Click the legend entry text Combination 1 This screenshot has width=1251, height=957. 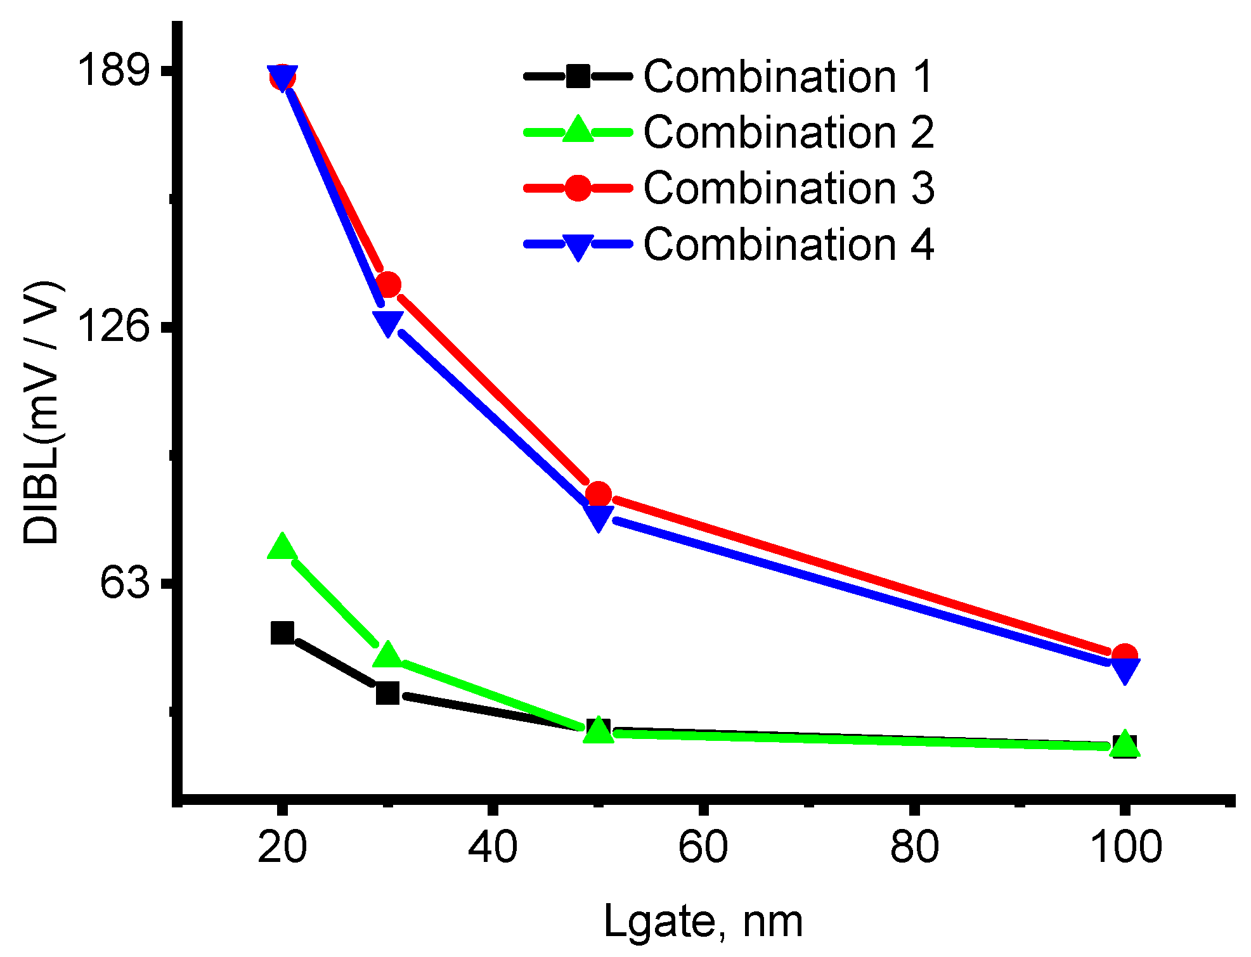pyautogui.click(x=788, y=77)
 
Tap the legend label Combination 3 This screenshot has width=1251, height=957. pyautogui.click(x=788, y=188)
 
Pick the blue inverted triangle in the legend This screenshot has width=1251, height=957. pyautogui.click(x=578, y=246)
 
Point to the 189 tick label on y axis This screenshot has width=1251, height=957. pyautogui.click(x=113, y=70)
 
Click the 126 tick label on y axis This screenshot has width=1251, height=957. pyautogui.click(x=113, y=327)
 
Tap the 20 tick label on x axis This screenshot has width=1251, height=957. pyautogui.click(x=282, y=847)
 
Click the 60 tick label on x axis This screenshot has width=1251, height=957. pyautogui.click(x=703, y=847)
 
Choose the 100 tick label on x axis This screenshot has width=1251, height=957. pyautogui.click(x=1124, y=847)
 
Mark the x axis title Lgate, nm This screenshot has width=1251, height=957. pyautogui.click(x=703, y=921)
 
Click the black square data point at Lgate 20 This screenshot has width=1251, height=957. pyautogui.click(x=282, y=633)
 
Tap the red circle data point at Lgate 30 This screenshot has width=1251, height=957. pyautogui.click(x=387, y=285)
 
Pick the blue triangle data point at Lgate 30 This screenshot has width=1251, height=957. pyautogui.click(x=387, y=322)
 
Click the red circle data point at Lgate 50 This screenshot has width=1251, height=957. pyautogui.click(x=598, y=494)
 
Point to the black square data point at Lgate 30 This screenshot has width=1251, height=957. pyautogui.click(x=387, y=693)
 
